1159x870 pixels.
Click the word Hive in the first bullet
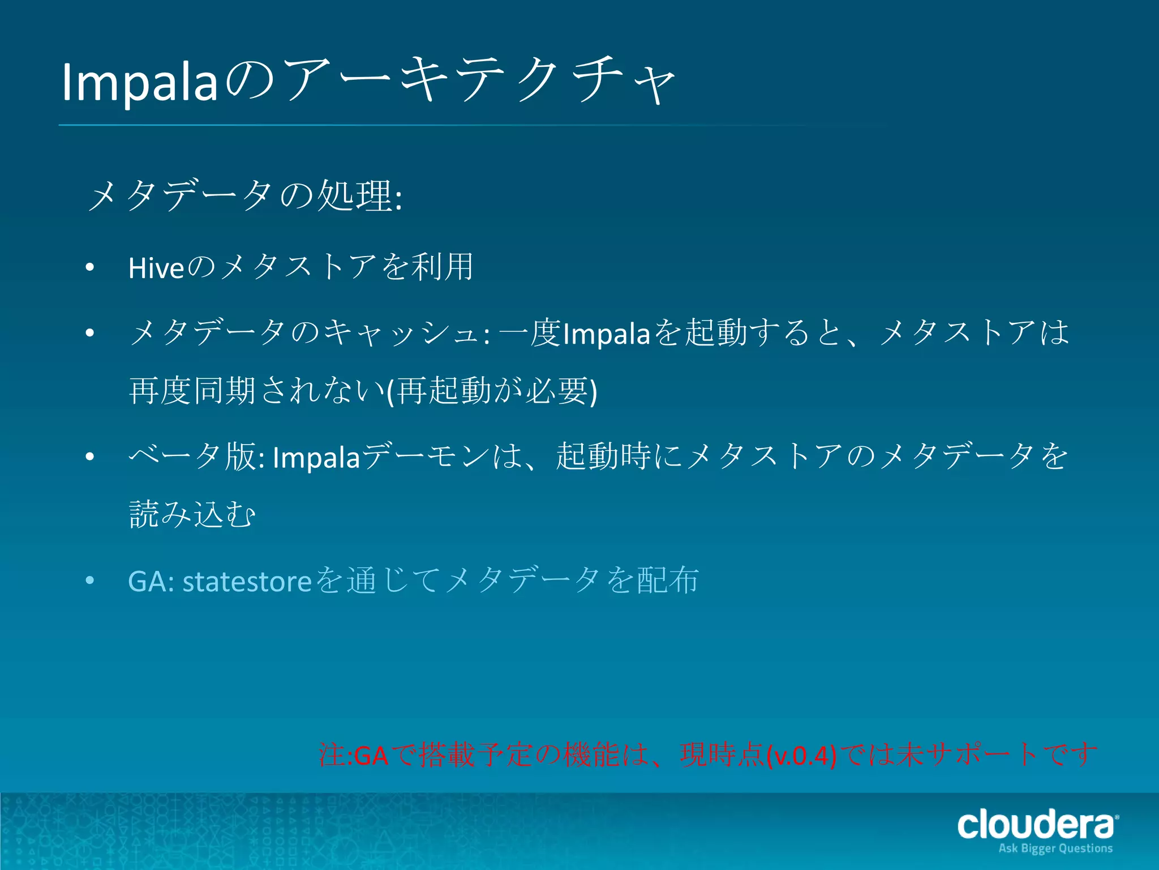[156, 268]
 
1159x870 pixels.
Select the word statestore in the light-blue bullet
[247, 582]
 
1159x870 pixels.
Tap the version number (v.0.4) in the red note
[801, 756]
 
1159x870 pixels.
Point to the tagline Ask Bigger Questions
[1055, 848]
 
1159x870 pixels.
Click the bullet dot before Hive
[89, 268]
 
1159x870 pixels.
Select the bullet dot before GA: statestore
[89, 581]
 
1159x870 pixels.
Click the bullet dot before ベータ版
[89, 457]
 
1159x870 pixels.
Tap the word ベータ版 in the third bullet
[192, 457]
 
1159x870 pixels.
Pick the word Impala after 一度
[607, 334]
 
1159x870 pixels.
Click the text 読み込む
[192, 514]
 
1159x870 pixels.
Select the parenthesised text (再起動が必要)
[491, 391]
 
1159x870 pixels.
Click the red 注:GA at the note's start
[354, 756]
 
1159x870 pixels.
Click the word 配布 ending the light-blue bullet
[668, 581]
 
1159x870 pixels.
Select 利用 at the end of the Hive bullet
[442, 267]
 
